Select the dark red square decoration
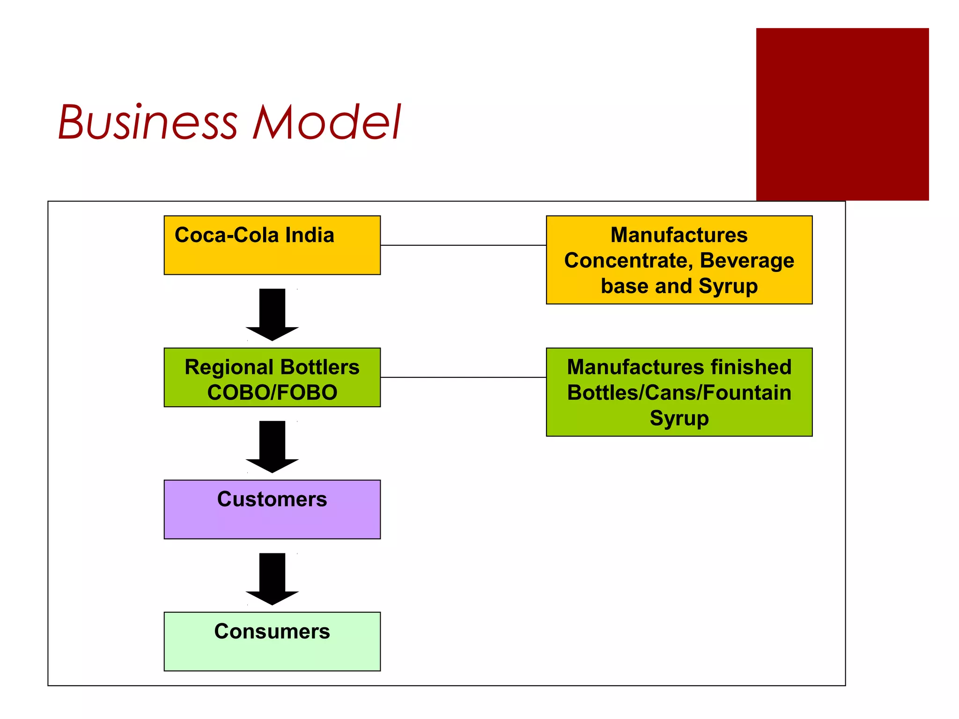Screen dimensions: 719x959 point(842,114)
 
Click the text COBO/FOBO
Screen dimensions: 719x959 point(272,392)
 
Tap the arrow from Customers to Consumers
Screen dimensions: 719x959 point(272,578)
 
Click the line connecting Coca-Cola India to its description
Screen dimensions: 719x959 point(463,245)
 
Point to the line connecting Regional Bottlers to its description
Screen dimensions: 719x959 point(463,377)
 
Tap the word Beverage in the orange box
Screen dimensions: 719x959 point(747,260)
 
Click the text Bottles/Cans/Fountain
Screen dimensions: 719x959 point(679,392)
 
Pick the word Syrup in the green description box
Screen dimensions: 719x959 point(679,418)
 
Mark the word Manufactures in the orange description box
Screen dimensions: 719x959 point(679,235)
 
